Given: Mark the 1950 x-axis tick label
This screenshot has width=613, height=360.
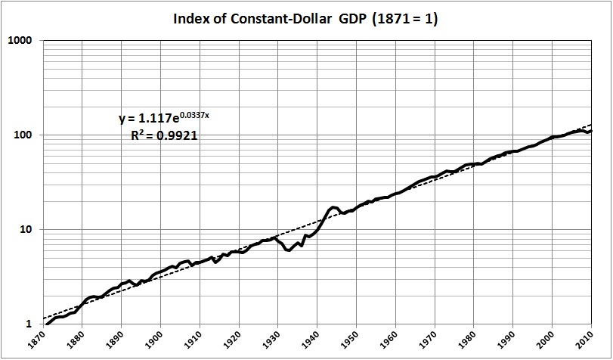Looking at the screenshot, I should (355, 341).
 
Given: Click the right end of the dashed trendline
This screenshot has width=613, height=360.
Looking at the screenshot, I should (591, 124).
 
